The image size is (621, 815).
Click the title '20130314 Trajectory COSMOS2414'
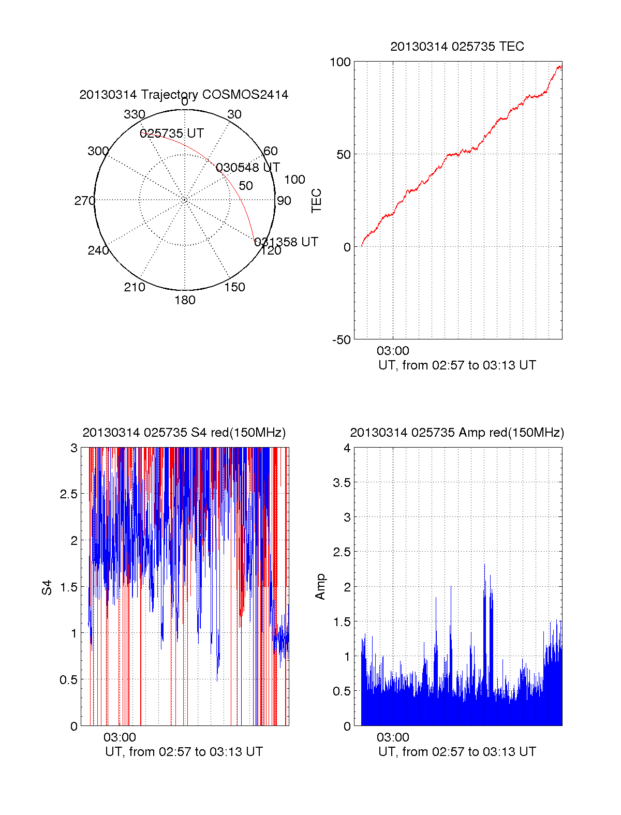pyautogui.click(x=184, y=95)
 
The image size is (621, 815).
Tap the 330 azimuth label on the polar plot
pyautogui.click(x=135, y=114)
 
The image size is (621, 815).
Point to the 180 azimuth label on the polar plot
pyautogui.click(x=185, y=300)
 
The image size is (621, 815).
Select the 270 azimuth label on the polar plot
pyautogui.click(x=84, y=201)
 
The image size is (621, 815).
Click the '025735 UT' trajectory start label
pyautogui.click(x=172, y=134)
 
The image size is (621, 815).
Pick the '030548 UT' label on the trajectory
pyautogui.click(x=247, y=168)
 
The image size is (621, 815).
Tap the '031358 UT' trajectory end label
pyautogui.click(x=286, y=242)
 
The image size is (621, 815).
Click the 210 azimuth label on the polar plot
pyautogui.click(x=135, y=287)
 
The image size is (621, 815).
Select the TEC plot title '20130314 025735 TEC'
pyautogui.click(x=457, y=47)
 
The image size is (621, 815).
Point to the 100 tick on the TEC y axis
pyautogui.click(x=340, y=62)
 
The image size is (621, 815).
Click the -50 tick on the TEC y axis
pyautogui.click(x=341, y=340)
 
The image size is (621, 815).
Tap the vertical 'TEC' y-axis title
pyautogui.click(x=316, y=201)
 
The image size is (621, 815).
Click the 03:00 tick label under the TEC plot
pyautogui.click(x=393, y=351)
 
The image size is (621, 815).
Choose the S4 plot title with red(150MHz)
pyautogui.click(x=184, y=433)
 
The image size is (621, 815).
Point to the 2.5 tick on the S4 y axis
pyautogui.click(x=68, y=494)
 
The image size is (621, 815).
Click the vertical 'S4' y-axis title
pyautogui.click(x=47, y=587)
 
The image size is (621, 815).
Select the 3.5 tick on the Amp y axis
pyautogui.click(x=341, y=483)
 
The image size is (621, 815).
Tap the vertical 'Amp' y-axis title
pyautogui.click(x=320, y=587)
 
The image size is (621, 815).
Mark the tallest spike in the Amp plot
pyautogui.click(x=484, y=565)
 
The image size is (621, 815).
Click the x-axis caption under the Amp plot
pyautogui.click(x=457, y=752)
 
